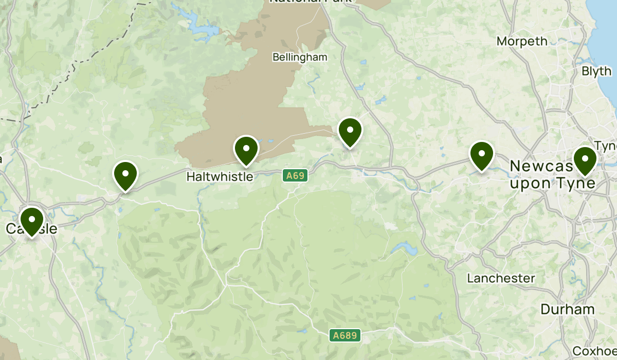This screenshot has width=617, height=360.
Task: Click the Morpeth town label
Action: point(522,41)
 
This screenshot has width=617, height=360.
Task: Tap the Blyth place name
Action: point(596,71)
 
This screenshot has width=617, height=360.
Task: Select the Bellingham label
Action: point(300,57)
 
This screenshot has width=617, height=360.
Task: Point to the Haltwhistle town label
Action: point(220,176)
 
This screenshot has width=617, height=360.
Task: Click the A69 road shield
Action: point(296,176)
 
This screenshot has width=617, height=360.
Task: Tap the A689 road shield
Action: point(345,336)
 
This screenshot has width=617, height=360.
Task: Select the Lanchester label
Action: point(501,278)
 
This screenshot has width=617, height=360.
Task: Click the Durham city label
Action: point(568,309)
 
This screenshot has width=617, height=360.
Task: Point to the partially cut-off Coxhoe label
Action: point(594,351)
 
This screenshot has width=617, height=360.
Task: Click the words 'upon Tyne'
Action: point(553,183)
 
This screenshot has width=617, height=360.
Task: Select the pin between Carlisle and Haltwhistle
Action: point(125,175)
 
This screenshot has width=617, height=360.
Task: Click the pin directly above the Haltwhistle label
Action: point(246,150)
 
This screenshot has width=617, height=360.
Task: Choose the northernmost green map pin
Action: point(350,132)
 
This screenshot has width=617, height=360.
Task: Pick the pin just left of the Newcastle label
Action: point(482,155)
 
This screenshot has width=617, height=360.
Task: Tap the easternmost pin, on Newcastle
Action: point(585,160)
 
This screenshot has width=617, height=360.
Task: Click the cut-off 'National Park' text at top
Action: point(311,2)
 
